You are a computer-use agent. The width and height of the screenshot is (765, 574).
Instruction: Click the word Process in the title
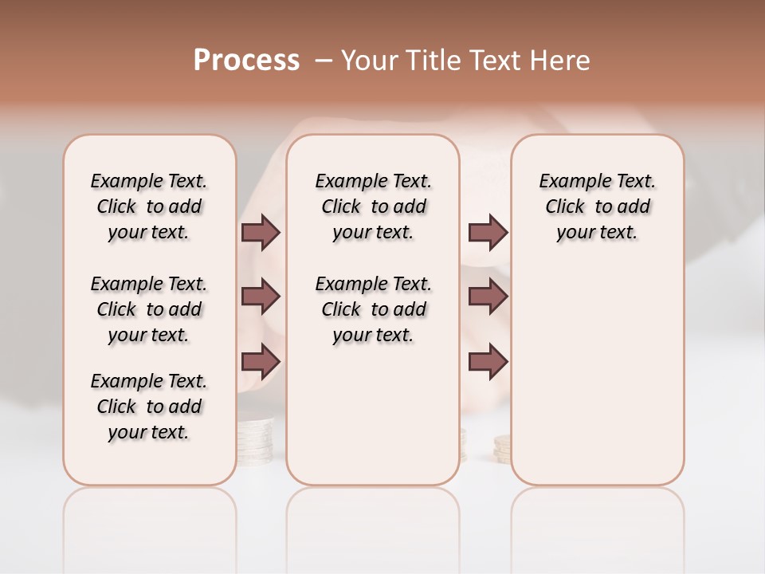[x=246, y=61]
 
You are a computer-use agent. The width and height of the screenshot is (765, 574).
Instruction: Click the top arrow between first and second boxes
[x=261, y=232]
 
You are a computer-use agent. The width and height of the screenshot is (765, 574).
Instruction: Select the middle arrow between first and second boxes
[x=261, y=297]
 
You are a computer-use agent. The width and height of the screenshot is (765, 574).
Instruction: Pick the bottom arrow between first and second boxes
[x=261, y=361]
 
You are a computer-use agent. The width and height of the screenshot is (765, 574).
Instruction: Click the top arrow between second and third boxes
[x=488, y=232]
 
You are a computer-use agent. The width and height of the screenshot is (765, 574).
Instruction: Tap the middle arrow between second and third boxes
[x=488, y=297]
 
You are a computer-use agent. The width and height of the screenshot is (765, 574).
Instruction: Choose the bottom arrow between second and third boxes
[x=488, y=361]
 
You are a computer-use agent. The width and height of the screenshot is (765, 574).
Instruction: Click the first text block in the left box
[x=149, y=206]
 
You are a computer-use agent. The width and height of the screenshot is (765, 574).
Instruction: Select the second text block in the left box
[x=149, y=309]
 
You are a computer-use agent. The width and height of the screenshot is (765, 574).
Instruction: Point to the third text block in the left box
[x=149, y=407]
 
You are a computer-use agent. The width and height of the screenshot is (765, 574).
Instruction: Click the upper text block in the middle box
[x=373, y=206]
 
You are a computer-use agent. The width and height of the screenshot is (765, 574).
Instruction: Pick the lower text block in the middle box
[x=373, y=309]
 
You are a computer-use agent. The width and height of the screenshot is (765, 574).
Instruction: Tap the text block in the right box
[x=597, y=206]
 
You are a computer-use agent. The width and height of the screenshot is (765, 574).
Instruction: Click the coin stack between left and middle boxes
[x=256, y=438]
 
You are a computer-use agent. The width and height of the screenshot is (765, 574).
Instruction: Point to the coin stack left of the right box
[x=502, y=449]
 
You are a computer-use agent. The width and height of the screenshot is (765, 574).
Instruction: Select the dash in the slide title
[x=323, y=61]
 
